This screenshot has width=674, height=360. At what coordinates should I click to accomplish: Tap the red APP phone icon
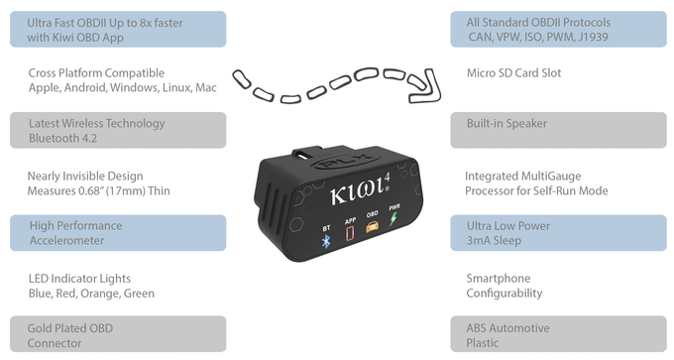coord(349,234)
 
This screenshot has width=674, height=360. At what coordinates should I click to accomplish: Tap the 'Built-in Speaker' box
coord(560,130)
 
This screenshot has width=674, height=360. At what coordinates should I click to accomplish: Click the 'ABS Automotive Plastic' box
coord(560,335)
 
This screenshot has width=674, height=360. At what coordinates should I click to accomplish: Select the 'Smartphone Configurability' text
coord(505,286)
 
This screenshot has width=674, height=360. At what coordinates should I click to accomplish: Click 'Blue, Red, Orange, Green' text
coord(91,294)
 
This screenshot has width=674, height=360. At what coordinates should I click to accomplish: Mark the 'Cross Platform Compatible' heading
coord(97,73)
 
